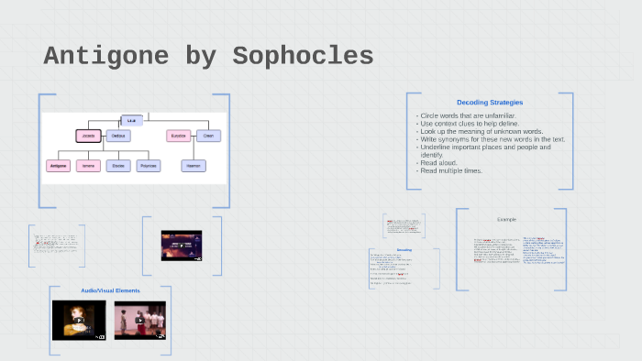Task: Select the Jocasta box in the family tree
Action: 88,136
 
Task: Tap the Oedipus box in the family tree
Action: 117,136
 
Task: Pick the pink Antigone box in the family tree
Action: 58,166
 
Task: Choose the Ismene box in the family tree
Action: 88,166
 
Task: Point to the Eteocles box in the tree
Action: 117,166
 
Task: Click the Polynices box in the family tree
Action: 148,166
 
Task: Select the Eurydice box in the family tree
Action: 179,136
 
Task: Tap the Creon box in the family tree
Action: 208,136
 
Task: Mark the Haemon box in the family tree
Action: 193,166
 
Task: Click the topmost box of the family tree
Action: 132,120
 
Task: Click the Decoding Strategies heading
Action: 490,102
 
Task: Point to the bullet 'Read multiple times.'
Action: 451,170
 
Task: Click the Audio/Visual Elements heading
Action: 110,290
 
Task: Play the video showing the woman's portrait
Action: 79,320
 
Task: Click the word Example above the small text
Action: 507,220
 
